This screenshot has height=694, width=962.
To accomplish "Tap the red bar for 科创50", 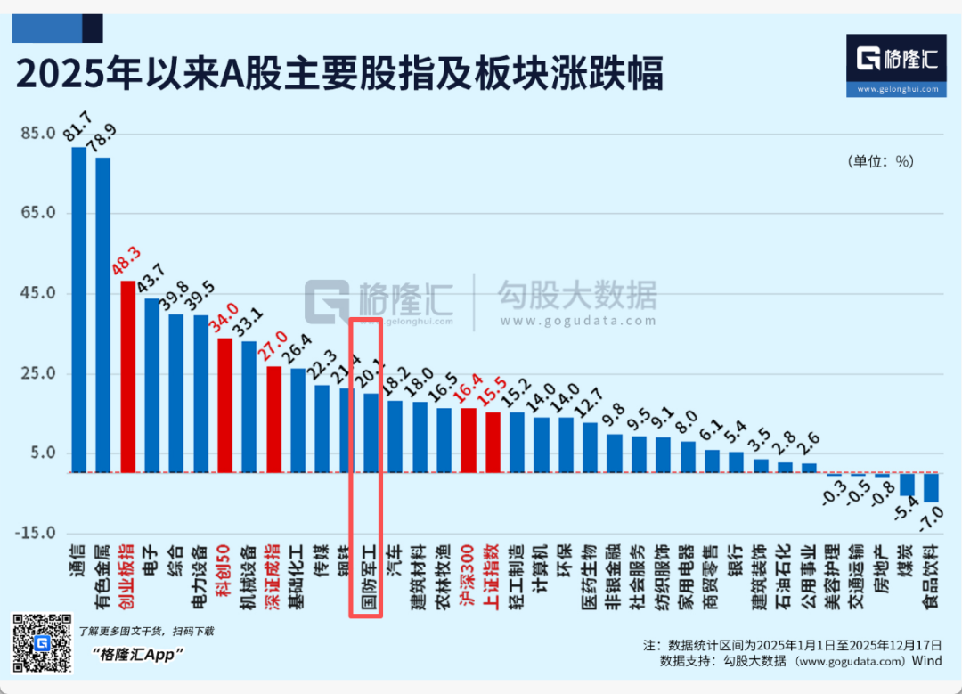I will [224, 404].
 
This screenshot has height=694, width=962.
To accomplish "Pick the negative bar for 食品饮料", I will [931, 487].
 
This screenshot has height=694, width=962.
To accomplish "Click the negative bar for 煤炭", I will [907, 484].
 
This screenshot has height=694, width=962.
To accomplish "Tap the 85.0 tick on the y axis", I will [39, 133].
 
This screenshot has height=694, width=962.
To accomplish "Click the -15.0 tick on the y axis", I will [37, 533].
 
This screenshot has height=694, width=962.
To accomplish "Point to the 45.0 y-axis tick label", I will [39, 293].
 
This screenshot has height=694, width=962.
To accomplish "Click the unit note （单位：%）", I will [880, 161].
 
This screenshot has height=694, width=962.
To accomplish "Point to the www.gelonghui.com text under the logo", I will [897, 89].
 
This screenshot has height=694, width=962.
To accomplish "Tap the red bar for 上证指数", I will [492, 442].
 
